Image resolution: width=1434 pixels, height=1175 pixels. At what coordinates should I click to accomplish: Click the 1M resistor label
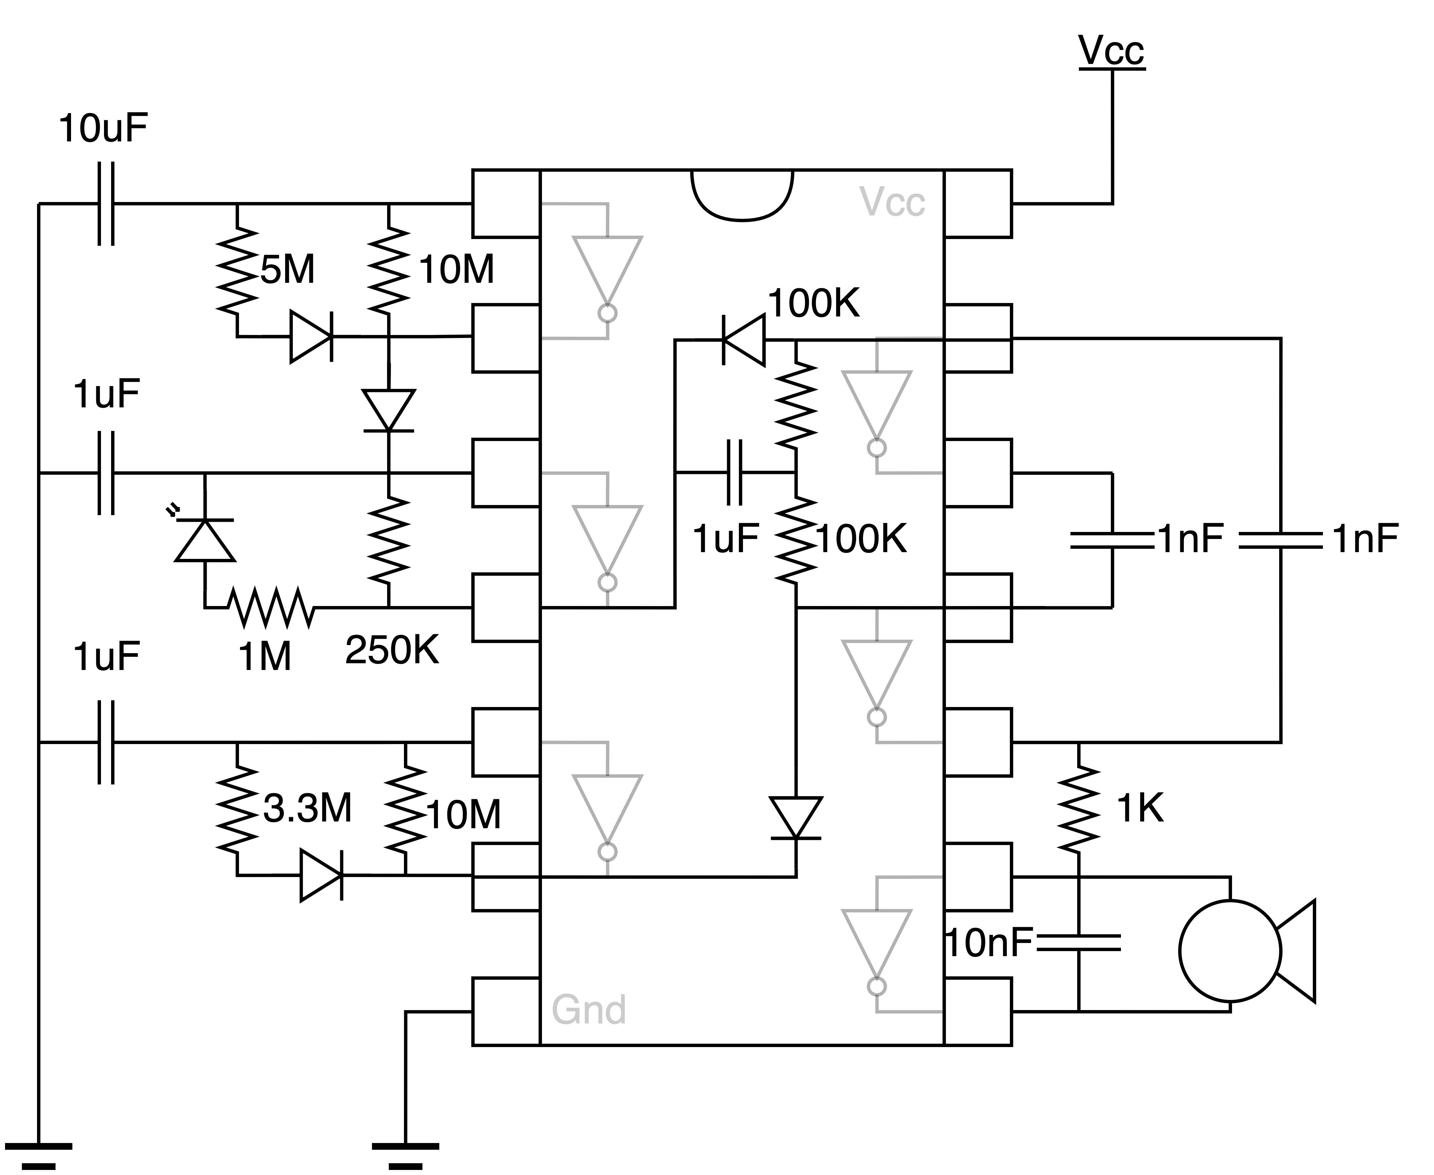(x=265, y=657)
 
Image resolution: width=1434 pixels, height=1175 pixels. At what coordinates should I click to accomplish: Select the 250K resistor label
(x=392, y=650)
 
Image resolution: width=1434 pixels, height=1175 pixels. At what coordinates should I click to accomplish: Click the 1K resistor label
(x=1139, y=808)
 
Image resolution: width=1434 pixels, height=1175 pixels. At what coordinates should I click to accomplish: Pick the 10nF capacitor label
(x=989, y=943)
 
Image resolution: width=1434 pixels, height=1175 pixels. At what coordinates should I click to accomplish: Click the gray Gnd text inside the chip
(x=588, y=1010)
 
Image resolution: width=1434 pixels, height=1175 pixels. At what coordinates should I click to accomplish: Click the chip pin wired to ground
(x=506, y=1011)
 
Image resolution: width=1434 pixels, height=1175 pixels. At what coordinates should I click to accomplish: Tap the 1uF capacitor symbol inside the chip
(x=734, y=472)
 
